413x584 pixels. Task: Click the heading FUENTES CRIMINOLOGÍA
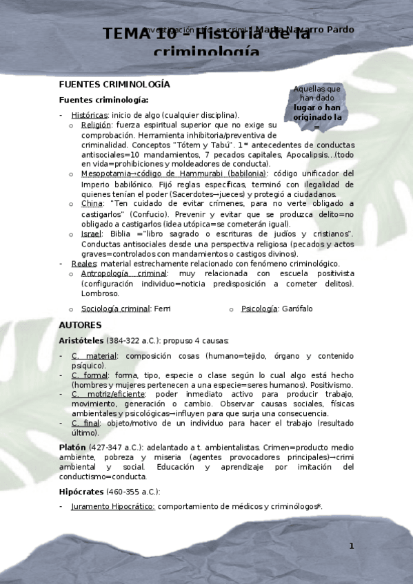click(x=114, y=85)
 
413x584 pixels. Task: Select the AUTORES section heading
click(x=80, y=325)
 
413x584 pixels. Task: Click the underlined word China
click(x=91, y=204)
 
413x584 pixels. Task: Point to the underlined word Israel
click(x=91, y=234)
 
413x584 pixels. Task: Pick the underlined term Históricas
click(x=89, y=115)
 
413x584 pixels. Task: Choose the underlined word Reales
click(x=83, y=264)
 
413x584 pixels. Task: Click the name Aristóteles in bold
click(x=81, y=341)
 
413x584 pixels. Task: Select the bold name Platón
click(x=72, y=448)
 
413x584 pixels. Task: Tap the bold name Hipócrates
click(x=81, y=492)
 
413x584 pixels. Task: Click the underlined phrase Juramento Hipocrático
click(x=113, y=507)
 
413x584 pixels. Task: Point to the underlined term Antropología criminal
click(x=123, y=273)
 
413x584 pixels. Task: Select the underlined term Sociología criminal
click(x=116, y=309)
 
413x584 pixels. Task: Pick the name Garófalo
click(x=297, y=309)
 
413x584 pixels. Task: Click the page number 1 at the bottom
click(x=351, y=546)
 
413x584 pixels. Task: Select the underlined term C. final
click(x=86, y=423)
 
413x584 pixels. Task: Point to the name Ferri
click(x=162, y=309)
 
